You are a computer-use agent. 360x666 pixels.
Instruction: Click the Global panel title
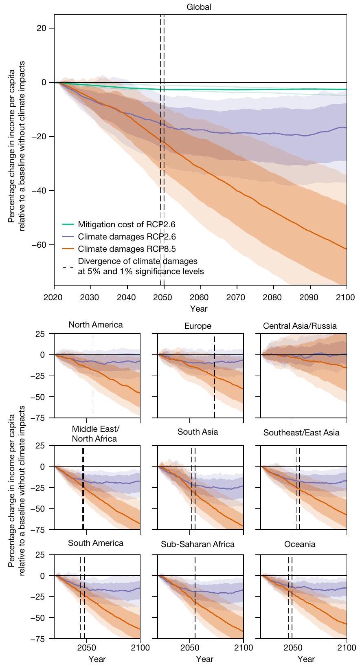coord(199,7)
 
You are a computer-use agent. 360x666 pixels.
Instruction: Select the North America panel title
coord(96,325)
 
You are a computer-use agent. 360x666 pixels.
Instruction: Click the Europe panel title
coord(198,326)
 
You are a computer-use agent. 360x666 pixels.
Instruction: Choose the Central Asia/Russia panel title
coord(300,326)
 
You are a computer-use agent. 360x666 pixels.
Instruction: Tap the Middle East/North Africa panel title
coord(94,434)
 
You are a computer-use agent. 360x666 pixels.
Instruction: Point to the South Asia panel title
coord(198,432)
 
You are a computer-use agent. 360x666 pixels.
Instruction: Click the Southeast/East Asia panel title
coord(301,433)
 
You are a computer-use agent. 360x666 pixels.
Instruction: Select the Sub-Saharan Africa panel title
coord(198,544)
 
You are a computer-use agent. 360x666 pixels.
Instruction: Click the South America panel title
coord(96,543)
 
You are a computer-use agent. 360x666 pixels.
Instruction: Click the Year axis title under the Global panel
coord(199,308)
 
